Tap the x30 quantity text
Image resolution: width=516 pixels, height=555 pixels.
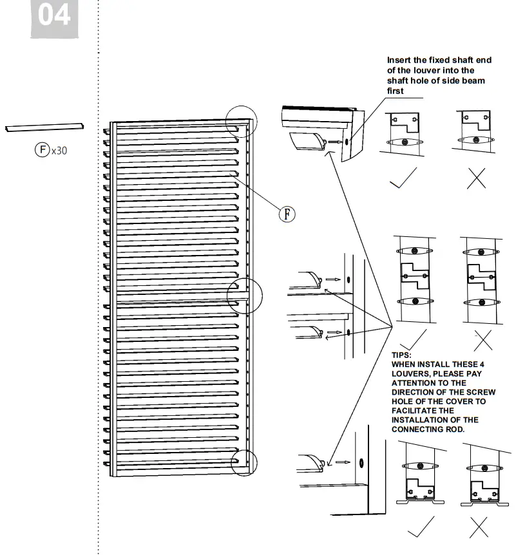point(59,151)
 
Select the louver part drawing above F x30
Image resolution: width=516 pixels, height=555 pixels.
point(44,128)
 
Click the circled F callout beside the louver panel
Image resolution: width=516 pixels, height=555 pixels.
point(287,213)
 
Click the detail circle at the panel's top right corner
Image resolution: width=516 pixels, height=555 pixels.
point(241,120)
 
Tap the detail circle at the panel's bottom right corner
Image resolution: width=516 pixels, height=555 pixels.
point(244,462)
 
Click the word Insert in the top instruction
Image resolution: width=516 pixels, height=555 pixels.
point(399,60)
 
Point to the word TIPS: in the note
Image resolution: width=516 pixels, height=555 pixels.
point(401,355)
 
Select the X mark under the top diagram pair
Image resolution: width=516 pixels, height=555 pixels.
point(476,178)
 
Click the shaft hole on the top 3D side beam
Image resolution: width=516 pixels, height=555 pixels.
point(347,141)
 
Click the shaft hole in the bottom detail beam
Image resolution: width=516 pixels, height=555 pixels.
point(361,462)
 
